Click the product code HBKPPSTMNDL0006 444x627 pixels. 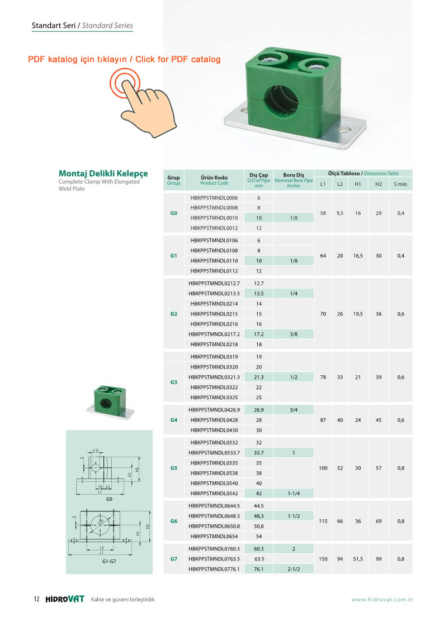(214, 198)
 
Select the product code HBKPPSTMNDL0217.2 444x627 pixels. (214, 334)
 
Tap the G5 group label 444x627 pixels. (173, 468)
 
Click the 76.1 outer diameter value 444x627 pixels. (259, 569)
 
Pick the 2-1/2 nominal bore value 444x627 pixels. (294, 569)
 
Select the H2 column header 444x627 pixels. (379, 184)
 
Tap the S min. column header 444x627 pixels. (401, 184)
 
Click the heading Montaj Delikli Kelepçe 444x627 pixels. (103, 174)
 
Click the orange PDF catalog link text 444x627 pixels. (124, 59)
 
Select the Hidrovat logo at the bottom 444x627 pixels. (65, 600)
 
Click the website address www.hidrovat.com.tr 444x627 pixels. (382, 600)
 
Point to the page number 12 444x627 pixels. (36, 600)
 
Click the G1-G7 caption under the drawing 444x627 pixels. (109, 562)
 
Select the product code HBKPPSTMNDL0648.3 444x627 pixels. (214, 516)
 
